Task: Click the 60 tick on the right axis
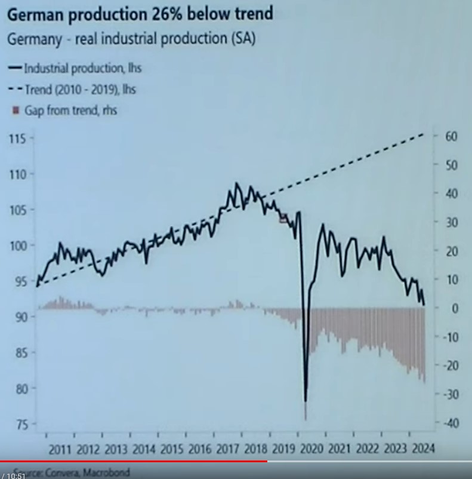click(451, 136)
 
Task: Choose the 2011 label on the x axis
click(61, 449)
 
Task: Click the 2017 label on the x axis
click(227, 449)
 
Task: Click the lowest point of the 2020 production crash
click(306, 401)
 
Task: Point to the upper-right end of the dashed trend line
click(424, 134)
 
